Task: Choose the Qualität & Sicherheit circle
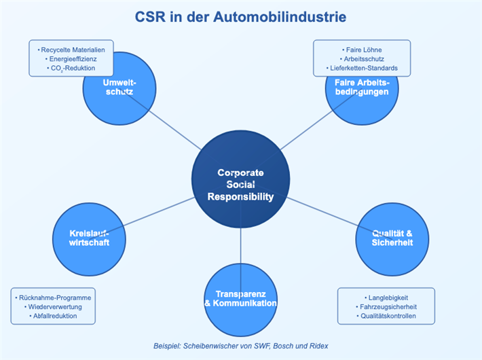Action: click(x=392, y=238)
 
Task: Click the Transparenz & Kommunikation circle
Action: click(x=240, y=299)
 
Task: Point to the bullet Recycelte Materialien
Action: click(x=71, y=50)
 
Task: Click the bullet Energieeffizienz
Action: click(x=71, y=59)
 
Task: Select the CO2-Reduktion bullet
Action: click(x=71, y=69)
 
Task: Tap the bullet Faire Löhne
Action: click(x=362, y=50)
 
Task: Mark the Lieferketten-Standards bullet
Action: click(x=362, y=69)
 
